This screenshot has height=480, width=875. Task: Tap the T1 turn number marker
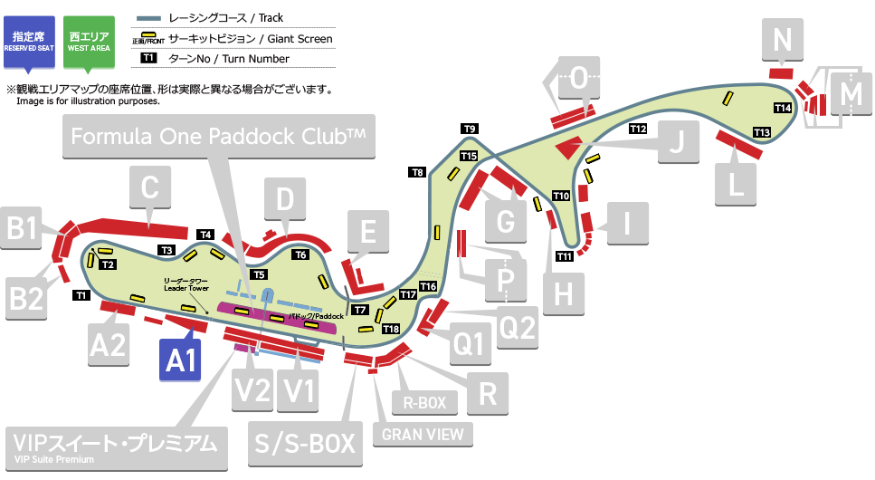pyautogui.click(x=81, y=295)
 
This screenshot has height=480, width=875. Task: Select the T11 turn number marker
pyautogui.click(x=565, y=256)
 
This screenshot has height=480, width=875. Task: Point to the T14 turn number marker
pyautogui.click(x=784, y=108)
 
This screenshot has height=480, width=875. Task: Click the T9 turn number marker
pyautogui.click(x=470, y=129)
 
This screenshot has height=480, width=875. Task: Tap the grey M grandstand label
pyautogui.click(x=851, y=91)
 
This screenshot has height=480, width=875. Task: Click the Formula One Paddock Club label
pyautogui.click(x=218, y=137)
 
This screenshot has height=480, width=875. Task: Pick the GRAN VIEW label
pyautogui.click(x=423, y=434)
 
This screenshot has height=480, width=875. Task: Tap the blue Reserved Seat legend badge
pyautogui.click(x=30, y=40)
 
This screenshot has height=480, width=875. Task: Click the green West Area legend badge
pyautogui.click(x=89, y=40)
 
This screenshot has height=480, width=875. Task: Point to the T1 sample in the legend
pyautogui.click(x=149, y=59)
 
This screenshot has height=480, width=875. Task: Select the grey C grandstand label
pyautogui.click(x=150, y=190)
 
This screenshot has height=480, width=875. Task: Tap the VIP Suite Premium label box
pyautogui.click(x=116, y=446)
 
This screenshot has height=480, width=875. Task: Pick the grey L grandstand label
pyautogui.click(x=736, y=185)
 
